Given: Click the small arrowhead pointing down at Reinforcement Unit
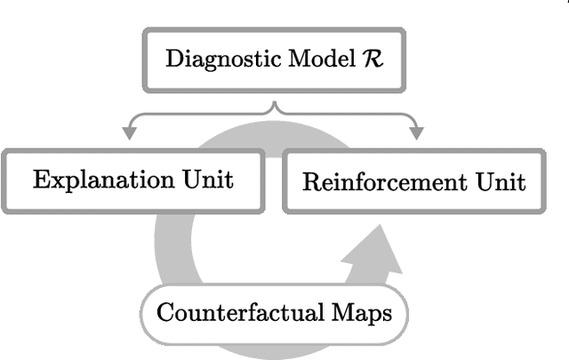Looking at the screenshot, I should pos(415,134).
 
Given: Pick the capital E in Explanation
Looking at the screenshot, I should pos(39,180).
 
